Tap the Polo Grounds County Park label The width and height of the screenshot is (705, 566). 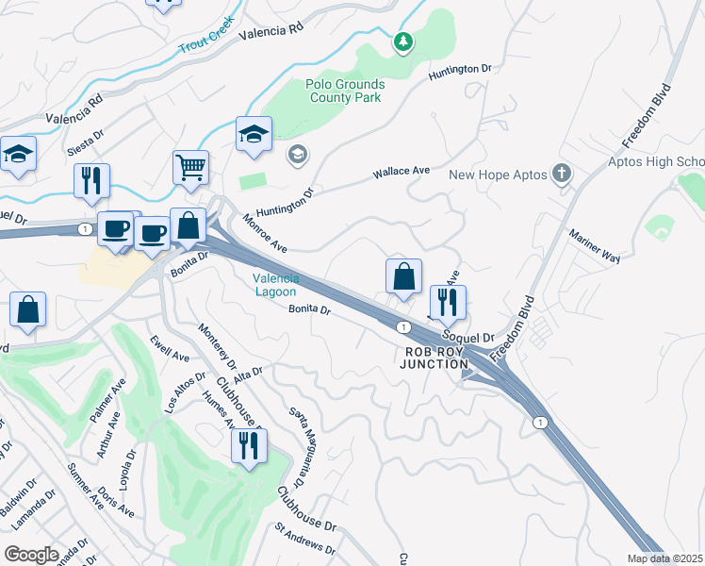coord(344,91)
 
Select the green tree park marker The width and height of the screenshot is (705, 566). coord(403,41)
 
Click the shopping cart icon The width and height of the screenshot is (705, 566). coord(189,168)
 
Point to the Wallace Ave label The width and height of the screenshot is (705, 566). coord(401,172)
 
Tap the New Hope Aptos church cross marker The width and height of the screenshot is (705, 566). coord(562,174)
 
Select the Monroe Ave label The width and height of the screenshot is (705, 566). coord(265,233)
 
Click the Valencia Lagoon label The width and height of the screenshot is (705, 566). coord(276,285)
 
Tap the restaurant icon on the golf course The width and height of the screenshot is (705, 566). coord(249,446)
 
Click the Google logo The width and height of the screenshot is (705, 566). coord(31,555)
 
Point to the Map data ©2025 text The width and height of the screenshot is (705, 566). coord(664,558)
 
